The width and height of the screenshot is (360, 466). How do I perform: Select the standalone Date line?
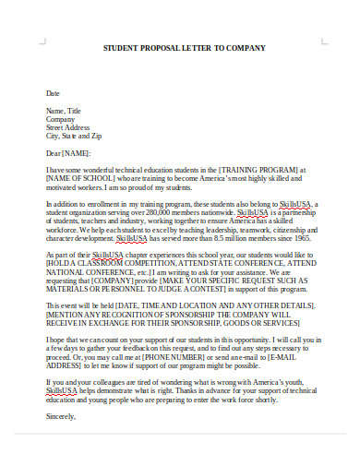[x=53, y=93]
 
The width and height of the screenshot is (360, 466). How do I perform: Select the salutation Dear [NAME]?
[x=69, y=152]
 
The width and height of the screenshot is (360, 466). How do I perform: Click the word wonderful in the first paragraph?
[x=113, y=171]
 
